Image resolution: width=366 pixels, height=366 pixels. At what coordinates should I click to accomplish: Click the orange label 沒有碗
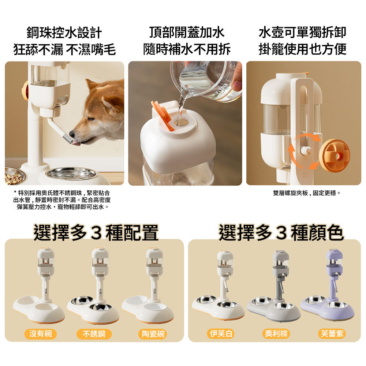40,334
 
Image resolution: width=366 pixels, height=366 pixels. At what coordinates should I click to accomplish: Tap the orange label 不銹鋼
94,334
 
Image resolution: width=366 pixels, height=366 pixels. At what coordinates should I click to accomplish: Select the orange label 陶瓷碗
153,334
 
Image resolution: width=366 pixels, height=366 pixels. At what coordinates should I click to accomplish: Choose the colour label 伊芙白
221,333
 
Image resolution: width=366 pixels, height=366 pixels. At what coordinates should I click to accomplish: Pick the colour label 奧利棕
276,333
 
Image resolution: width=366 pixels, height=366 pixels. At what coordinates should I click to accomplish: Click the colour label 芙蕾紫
332,333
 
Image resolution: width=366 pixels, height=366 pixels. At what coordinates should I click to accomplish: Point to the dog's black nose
72,134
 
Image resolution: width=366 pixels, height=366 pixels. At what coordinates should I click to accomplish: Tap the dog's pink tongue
76,143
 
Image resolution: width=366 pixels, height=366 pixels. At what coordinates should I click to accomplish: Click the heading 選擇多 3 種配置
96,232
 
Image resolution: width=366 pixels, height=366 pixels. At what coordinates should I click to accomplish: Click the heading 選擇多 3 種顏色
281,232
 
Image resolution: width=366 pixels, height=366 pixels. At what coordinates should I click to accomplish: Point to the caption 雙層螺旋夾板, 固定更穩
306,193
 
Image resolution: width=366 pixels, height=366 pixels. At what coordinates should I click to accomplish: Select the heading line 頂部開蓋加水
187,33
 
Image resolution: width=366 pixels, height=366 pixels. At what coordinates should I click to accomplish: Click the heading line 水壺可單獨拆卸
303,33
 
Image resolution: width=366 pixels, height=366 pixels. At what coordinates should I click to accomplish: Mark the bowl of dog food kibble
14,176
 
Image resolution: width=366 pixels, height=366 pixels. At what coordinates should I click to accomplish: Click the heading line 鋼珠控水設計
64,33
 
